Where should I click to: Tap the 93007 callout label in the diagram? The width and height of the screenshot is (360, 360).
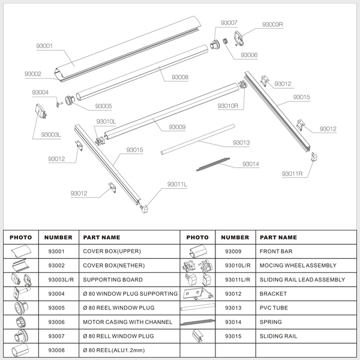pos(229,23)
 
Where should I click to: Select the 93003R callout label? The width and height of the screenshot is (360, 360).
pos(272,25)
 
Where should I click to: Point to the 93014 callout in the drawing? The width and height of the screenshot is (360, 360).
pos(251,164)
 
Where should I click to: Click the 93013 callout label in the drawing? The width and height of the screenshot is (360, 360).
pos(241,143)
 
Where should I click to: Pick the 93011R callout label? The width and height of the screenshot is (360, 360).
pos(293,174)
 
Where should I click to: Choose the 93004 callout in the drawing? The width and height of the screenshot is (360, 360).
pos(40,92)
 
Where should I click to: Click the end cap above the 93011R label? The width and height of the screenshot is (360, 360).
pos(316,157)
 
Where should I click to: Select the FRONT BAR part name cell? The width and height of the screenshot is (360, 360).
pos(275,251)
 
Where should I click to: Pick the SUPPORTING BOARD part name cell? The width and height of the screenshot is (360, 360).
pos(113,280)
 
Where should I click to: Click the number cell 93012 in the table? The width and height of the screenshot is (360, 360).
pos(236,294)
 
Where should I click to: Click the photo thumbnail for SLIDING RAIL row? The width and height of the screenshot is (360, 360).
pos(197,337)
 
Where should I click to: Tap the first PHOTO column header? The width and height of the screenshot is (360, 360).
pos(21,238)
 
